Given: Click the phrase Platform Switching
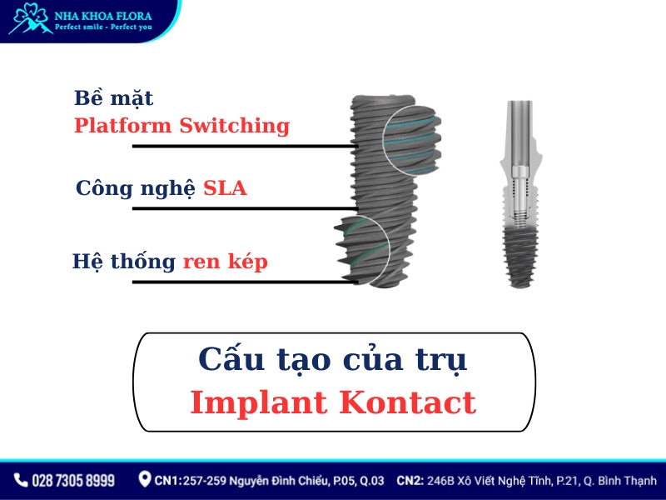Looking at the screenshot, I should point(181,126).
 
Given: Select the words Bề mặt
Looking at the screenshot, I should point(113,97).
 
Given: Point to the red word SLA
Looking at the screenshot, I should point(225,188).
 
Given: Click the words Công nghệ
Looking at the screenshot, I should point(137,188).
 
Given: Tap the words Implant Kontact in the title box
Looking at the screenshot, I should point(333,402).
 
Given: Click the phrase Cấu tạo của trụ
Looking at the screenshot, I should point(333,360).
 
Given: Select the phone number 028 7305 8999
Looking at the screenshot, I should point(73,481).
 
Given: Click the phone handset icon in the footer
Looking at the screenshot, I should point(21,481).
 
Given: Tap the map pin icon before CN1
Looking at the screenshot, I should point(145,480).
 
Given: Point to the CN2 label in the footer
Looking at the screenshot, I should point(411,481).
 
